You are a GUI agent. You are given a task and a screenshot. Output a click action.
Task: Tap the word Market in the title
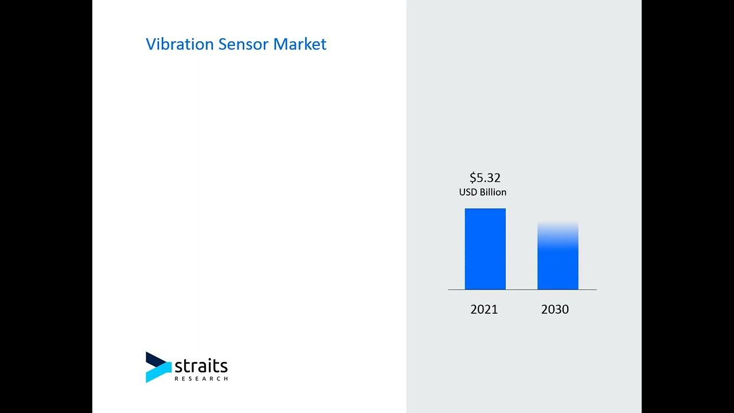[300, 44]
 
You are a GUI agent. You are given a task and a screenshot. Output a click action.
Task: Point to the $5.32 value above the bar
[485, 178]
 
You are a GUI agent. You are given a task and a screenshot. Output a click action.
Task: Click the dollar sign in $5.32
[473, 178]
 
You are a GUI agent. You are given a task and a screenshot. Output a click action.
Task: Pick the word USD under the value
[468, 193]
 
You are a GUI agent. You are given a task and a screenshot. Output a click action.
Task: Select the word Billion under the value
[493, 193]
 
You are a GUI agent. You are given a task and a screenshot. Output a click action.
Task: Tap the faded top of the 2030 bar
[557, 227]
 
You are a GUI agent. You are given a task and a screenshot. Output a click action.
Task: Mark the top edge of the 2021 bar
[485, 209]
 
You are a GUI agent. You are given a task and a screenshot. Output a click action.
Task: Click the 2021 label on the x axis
[484, 309]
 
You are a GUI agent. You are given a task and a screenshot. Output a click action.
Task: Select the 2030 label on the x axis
[555, 309]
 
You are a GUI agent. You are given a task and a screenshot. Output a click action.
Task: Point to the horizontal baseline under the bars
[522, 290]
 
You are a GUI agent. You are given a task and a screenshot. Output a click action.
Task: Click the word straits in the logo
[201, 366]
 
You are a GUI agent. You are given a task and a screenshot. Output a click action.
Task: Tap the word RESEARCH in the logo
[201, 379]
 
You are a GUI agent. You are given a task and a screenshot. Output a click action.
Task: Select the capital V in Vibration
[150, 44]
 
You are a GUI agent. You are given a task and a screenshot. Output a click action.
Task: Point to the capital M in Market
[280, 44]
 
